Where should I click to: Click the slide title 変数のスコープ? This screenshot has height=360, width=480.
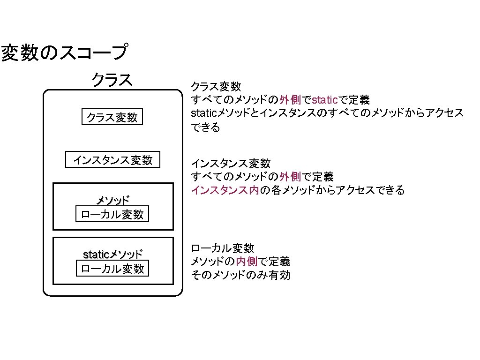64,52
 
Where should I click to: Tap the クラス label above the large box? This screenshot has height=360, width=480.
112,79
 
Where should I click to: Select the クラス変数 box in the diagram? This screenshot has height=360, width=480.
112,117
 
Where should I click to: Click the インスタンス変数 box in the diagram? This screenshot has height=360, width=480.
112,160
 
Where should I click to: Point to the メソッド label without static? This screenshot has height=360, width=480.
112,201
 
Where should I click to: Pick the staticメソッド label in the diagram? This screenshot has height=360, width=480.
112,255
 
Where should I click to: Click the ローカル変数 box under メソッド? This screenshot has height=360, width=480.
112,215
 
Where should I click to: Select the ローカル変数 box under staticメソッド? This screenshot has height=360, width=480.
112,269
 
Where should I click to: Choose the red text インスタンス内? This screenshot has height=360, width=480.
225,191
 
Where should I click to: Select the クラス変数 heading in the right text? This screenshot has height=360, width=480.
216,86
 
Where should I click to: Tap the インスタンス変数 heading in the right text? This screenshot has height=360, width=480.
231,164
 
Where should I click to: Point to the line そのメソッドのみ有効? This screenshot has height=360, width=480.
240,275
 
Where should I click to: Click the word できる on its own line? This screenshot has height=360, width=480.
205,127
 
